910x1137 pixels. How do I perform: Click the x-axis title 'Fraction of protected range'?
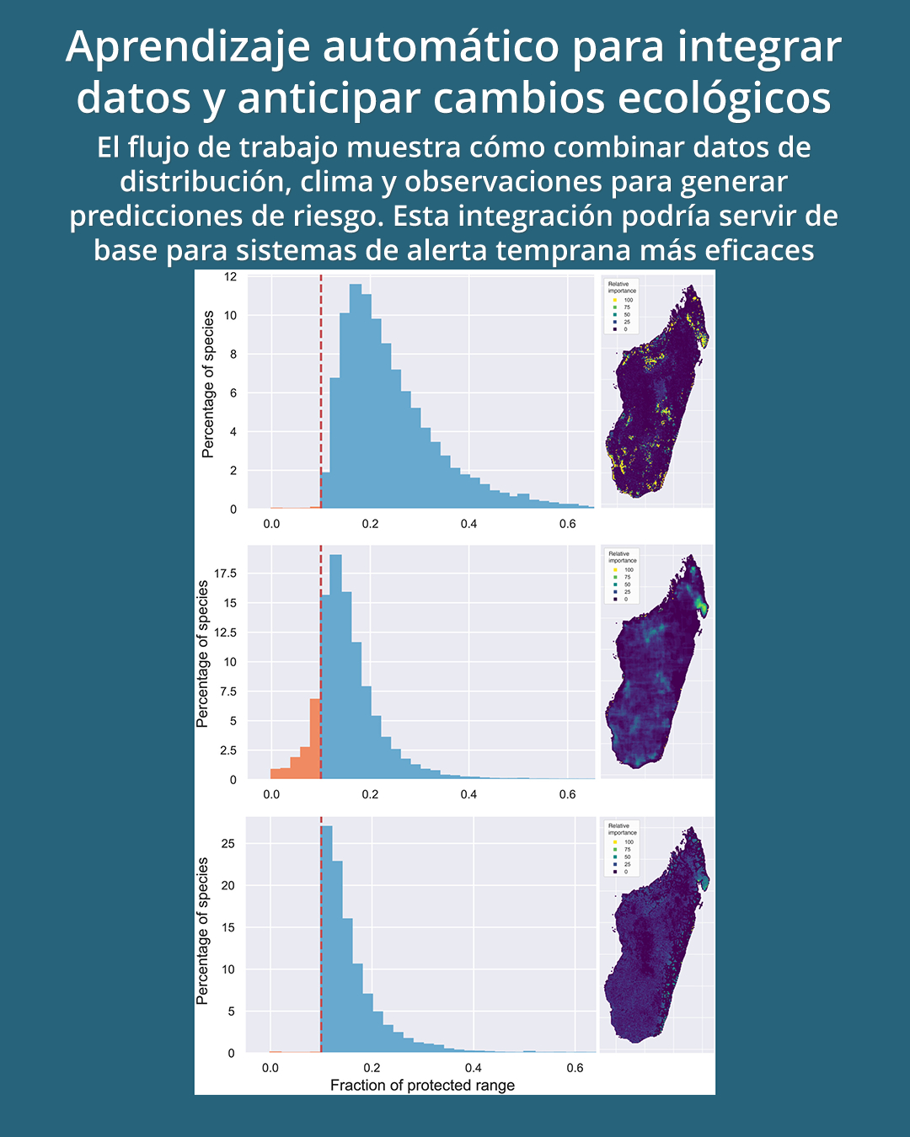pos(422,1085)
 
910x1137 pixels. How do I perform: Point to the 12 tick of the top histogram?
pos(230,276)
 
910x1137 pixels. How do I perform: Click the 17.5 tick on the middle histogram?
pos(225,574)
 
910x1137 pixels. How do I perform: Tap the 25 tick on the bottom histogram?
pos(227,843)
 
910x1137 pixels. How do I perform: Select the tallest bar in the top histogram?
pos(356,396)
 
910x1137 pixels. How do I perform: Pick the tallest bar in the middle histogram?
pos(335,665)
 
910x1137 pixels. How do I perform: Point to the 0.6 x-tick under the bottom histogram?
pos(575,1068)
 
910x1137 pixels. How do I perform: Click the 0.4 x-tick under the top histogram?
pos(468,524)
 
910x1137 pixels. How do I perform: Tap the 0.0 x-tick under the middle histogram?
pos(271,794)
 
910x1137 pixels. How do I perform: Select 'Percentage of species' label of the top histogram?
pos(208,384)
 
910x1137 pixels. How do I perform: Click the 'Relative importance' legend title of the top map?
pos(622,287)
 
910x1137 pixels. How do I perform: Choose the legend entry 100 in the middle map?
pos(629,570)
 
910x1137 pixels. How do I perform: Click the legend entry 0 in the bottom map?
pos(626,872)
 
